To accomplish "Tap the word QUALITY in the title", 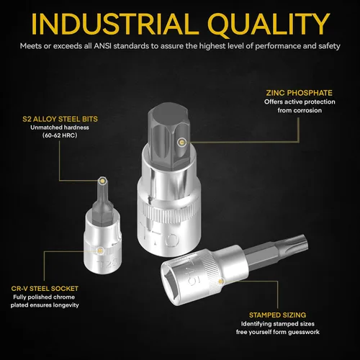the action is click(269, 24).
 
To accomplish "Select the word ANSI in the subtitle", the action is click(102, 45).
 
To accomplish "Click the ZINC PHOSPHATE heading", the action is click(300, 93).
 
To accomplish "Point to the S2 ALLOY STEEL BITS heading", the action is click(60, 119).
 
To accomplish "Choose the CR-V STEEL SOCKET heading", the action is click(45, 289).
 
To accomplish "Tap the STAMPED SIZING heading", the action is click(277, 315).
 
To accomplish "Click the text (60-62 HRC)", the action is click(60, 135).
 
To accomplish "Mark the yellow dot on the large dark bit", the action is click(181, 143).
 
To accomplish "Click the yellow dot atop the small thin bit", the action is click(103, 181).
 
